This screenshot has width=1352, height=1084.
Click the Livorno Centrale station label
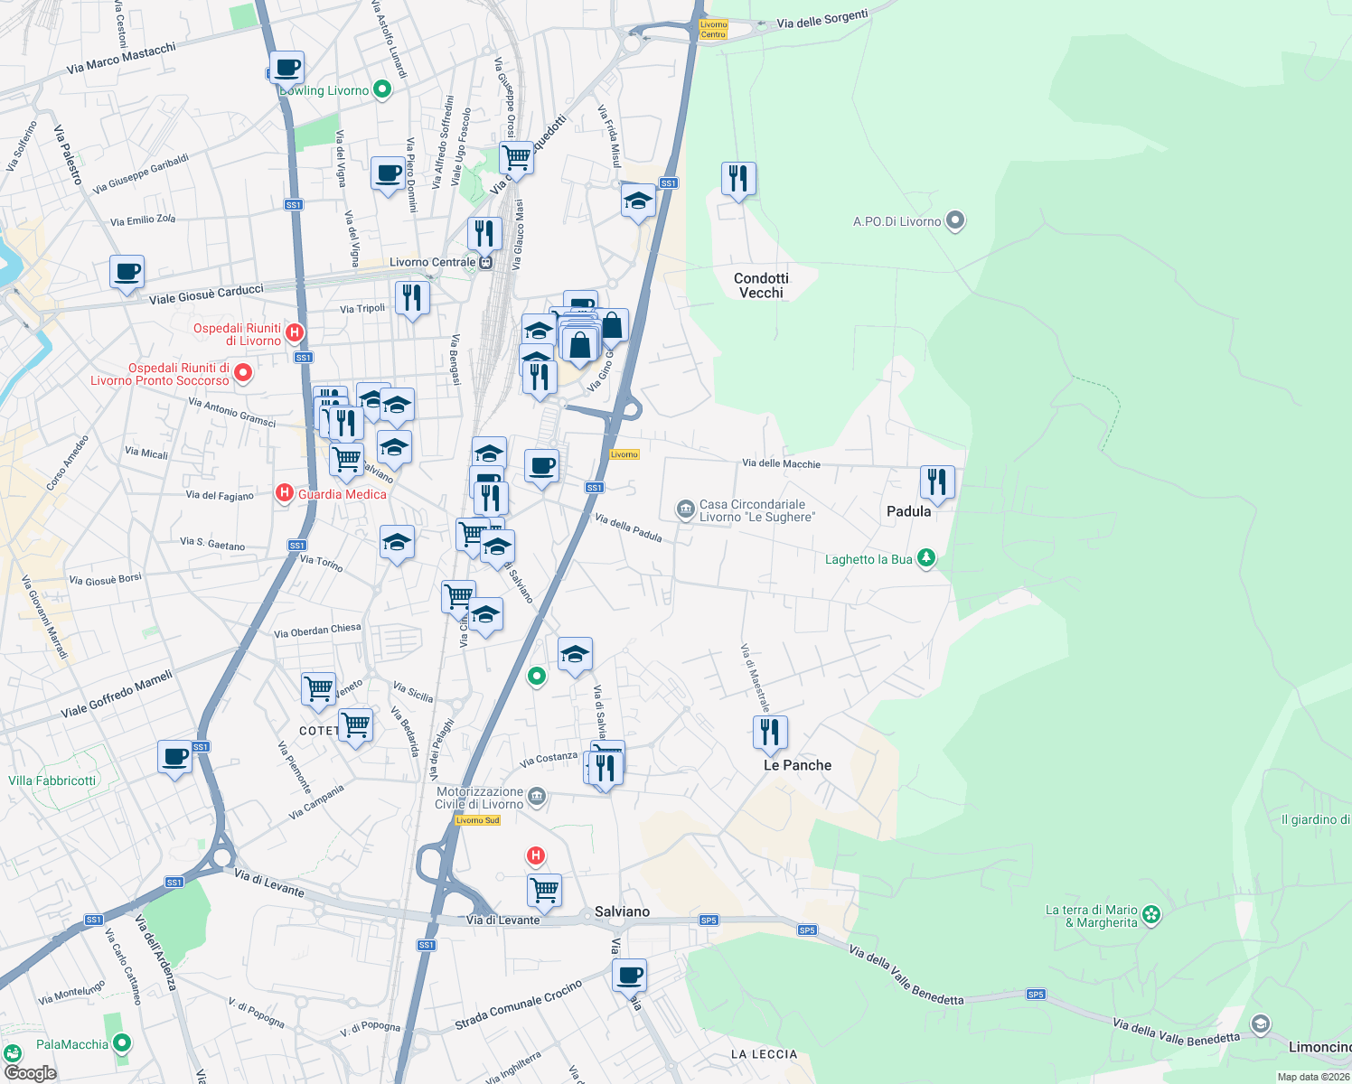432,263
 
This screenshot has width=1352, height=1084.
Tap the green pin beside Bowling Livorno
381,89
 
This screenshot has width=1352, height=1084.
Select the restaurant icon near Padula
937,482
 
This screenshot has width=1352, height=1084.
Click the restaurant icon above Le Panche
770,733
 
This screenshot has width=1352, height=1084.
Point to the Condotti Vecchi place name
761,285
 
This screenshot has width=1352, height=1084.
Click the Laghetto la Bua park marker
925,558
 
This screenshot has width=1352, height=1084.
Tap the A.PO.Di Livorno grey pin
955,220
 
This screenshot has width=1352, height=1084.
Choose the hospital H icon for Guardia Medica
285,493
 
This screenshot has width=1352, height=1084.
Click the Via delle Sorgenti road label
822,19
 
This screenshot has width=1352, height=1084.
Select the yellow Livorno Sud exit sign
477,820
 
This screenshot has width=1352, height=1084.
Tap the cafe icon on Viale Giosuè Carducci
127,271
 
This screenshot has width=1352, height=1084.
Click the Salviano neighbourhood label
622,911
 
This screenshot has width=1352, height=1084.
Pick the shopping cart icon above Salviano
545,890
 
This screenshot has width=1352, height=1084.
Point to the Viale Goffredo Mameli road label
117,694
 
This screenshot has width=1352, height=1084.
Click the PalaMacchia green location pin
121,1042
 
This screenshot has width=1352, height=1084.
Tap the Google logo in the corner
30,1073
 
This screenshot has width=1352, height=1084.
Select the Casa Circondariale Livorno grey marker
685,510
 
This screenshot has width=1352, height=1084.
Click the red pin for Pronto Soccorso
242,373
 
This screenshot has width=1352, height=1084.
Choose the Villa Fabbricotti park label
52,780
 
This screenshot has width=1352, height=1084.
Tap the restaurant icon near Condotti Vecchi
738,179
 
